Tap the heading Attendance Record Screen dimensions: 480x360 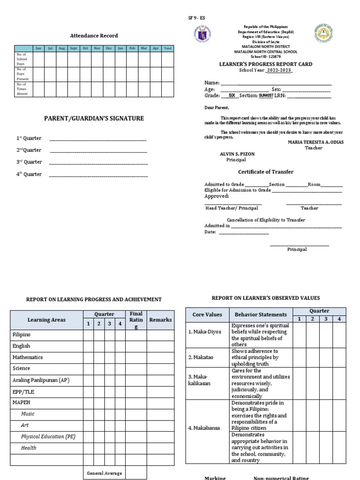(94, 36)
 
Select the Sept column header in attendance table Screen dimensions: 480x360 (73, 48)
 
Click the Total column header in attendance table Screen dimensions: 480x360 (168, 48)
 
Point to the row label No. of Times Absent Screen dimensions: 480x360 (22, 89)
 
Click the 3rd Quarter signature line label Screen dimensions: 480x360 (29, 162)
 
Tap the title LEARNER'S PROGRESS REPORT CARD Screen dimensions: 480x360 (266, 64)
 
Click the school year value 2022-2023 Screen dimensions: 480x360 (279, 70)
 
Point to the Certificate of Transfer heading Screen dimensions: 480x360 (266, 172)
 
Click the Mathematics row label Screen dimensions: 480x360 (28, 357)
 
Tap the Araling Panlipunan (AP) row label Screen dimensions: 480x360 (41, 380)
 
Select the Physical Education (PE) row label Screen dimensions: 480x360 (48, 436)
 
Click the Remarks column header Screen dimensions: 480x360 (160, 320)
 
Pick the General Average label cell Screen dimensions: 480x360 (104, 473)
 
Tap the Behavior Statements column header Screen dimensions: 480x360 (261, 315)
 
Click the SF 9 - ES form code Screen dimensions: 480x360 (196, 18)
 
